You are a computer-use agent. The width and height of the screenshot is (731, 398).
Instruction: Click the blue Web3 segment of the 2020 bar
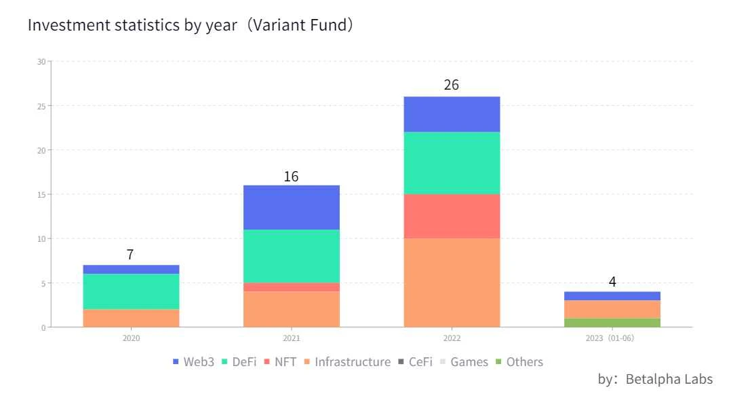click(x=131, y=270)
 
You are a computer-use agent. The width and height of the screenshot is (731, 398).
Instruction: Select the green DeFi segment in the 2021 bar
click(x=292, y=256)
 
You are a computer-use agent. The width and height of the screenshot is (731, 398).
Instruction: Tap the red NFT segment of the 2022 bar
click(x=452, y=216)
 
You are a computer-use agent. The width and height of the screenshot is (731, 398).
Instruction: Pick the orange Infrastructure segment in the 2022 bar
click(x=452, y=283)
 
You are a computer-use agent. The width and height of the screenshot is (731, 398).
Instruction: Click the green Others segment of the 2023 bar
click(x=612, y=323)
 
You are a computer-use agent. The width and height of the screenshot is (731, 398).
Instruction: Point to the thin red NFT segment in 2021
click(x=292, y=287)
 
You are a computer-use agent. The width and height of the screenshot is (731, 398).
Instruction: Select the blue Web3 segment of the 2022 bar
click(x=452, y=114)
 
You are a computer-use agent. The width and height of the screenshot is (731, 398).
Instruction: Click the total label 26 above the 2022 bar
click(x=452, y=86)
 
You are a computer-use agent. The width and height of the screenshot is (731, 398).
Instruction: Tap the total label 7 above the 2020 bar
click(x=130, y=255)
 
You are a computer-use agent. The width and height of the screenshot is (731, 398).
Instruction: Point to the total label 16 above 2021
click(x=291, y=177)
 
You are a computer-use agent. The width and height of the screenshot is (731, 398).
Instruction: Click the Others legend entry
click(x=519, y=362)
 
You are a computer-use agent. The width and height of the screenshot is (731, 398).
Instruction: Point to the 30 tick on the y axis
click(x=41, y=62)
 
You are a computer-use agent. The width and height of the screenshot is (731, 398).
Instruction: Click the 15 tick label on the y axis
click(x=41, y=195)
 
